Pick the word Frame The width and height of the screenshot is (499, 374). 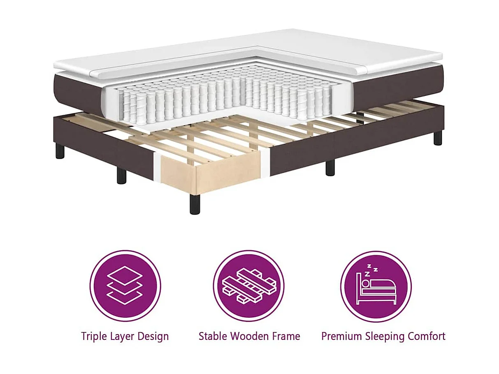pos(285,336)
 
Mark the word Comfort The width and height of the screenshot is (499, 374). pos(427,336)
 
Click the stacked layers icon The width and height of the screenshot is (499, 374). pos(125,286)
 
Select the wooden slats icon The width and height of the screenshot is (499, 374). pos(248,286)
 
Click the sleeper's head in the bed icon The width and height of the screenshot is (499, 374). pos(365,283)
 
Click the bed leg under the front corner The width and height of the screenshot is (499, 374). pos(195,204)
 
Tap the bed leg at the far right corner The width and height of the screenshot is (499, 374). pos(438,137)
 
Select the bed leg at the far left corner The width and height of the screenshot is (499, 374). pos(60,151)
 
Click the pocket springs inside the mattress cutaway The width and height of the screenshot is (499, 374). pos(222,97)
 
